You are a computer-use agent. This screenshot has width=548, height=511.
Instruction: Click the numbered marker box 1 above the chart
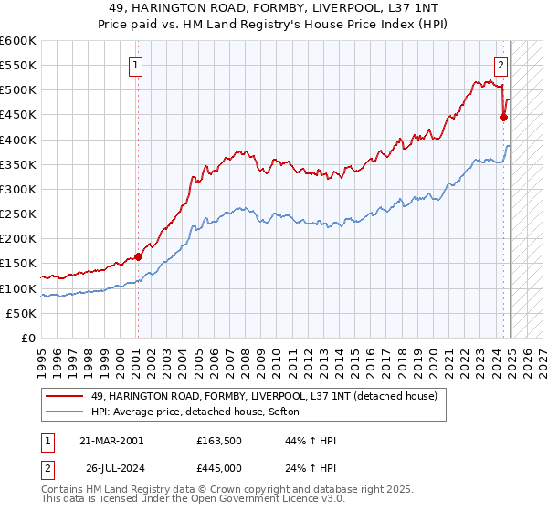[x=136, y=65]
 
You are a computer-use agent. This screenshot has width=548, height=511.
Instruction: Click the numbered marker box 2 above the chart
[x=501, y=65]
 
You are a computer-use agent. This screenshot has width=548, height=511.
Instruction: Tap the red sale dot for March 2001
[x=139, y=256]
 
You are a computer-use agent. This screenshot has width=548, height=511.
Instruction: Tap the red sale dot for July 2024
[x=503, y=117]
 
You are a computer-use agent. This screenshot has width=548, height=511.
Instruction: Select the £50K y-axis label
[x=23, y=313]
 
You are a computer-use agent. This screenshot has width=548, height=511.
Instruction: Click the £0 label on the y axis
[x=28, y=338]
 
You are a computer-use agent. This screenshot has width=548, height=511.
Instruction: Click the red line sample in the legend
[x=64, y=396]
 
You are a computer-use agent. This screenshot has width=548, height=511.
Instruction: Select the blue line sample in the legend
[x=64, y=412]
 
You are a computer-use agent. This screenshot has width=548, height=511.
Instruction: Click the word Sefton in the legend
[x=295, y=412]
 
